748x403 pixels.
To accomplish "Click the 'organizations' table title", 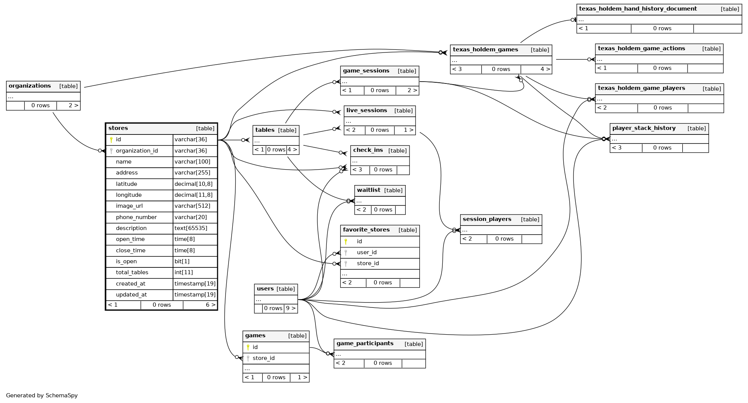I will tap(30, 86).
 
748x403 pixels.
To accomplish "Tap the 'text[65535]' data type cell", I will tap(190, 228).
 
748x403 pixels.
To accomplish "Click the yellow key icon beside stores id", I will tap(111, 140).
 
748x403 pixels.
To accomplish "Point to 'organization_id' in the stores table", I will tap(137, 151).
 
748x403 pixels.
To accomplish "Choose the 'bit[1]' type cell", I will tap(182, 261).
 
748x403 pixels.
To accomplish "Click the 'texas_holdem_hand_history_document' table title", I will tap(638, 9).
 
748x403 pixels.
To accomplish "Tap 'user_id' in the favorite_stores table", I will tap(366, 252).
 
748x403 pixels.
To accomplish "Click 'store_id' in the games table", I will tap(263, 358).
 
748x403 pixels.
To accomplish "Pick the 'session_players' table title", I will tap(487, 219).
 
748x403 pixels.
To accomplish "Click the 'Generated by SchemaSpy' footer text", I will tap(42, 395).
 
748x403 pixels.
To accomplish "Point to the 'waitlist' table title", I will tap(368, 190).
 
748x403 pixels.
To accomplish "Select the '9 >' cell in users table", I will tap(291, 308).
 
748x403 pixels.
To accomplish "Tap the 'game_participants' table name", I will tap(365, 344).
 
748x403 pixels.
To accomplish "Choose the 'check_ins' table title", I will tap(368, 150).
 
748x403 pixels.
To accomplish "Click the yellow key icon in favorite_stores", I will tap(346, 241).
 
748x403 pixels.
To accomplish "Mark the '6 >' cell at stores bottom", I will tap(210, 305).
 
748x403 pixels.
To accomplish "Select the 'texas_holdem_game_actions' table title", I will tap(641, 49).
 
